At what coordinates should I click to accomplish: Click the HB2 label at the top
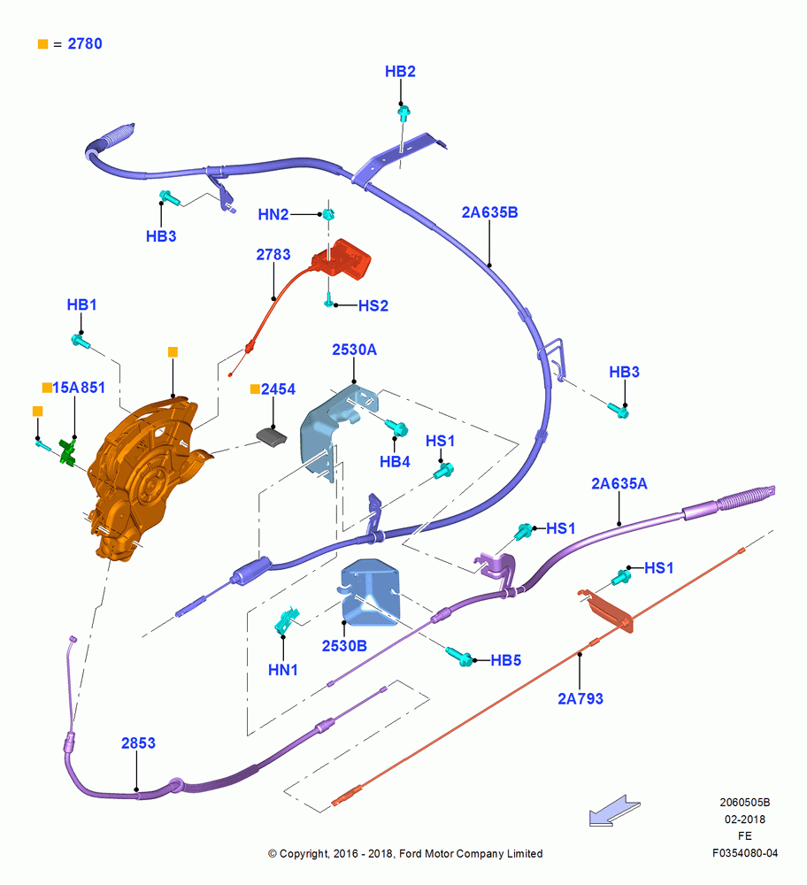point(400,72)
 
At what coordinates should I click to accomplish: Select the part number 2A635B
point(490,212)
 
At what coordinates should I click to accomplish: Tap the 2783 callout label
point(273,255)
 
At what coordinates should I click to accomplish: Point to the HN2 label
point(273,214)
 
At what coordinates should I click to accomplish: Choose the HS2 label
point(373,306)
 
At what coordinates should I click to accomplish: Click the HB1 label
point(81,304)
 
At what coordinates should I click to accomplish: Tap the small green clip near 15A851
point(68,452)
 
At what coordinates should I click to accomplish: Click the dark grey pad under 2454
point(272,437)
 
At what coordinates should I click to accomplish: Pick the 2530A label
point(354,350)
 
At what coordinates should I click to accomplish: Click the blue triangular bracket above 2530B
point(371,592)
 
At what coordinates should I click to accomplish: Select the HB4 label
point(395,462)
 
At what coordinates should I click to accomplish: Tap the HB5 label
point(505,660)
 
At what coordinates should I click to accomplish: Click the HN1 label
point(283,670)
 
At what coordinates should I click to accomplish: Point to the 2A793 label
point(580,699)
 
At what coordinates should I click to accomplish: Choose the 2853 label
point(138,743)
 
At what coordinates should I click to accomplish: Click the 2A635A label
point(619,484)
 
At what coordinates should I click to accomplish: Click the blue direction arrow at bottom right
point(614,811)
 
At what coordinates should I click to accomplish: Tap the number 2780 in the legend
point(85,44)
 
